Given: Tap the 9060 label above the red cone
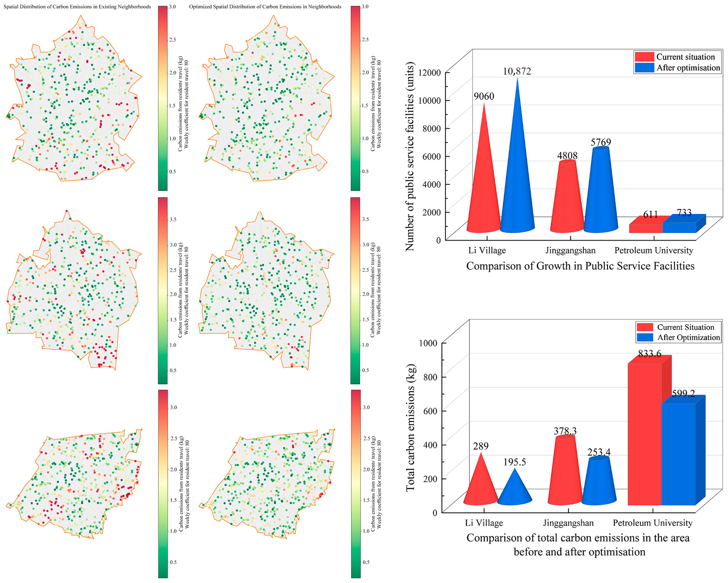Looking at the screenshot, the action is [x=484, y=96].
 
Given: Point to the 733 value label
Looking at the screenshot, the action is [x=684, y=213].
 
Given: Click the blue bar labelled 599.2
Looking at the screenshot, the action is [x=679, y=454].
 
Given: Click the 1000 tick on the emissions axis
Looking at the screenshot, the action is [x=428, y=343].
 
